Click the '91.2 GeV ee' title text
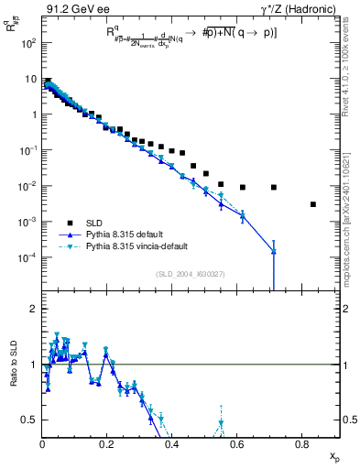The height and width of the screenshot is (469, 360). pos(77,10)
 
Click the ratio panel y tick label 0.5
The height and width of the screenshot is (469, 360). pos(31,420)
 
